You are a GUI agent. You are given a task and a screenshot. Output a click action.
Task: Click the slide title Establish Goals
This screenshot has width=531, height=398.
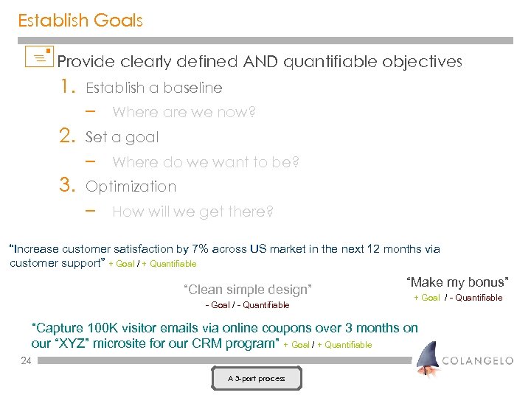tap(80, 21)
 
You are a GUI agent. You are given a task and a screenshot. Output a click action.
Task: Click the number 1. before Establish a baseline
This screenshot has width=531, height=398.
tap(69, 88)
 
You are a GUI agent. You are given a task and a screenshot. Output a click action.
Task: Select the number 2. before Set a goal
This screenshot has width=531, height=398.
tap(69, 137)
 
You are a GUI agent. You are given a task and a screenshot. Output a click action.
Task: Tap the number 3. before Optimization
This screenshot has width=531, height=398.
tap(69, 186)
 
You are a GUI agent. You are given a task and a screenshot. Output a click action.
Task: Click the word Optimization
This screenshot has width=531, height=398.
tap(131, 187)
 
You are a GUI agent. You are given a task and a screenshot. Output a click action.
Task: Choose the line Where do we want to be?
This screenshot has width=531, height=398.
tap(206, 162)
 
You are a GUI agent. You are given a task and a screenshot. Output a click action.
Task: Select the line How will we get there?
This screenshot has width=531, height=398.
tap(192, 212)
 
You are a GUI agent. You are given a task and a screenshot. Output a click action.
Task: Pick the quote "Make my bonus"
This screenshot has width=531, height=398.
tap(457, 282)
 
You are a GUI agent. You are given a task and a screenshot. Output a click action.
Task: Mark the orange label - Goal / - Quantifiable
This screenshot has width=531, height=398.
tap(247, 305)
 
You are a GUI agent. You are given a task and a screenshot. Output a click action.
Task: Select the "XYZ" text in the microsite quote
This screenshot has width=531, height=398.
tap(74, 343)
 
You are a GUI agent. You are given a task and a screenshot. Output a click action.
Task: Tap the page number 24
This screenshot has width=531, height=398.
tap(27, 360)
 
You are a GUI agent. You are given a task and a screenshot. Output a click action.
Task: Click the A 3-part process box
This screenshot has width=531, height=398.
tap(256, 379)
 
